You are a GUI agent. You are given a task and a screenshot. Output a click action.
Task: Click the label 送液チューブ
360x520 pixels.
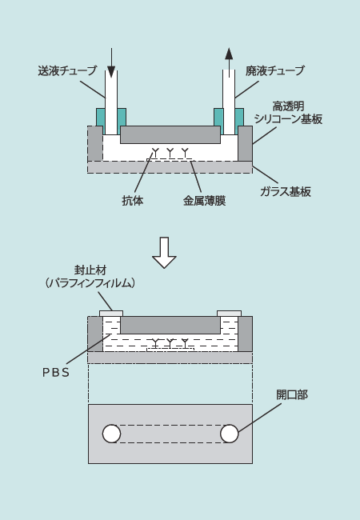point(67,70)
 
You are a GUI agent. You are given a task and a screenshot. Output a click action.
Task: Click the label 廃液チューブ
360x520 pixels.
point(275,70)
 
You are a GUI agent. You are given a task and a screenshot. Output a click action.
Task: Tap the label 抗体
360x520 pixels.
point(133,201)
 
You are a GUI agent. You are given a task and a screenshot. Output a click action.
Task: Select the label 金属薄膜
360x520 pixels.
point(205,201)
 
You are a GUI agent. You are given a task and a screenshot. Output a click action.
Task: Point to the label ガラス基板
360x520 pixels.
point(286,191)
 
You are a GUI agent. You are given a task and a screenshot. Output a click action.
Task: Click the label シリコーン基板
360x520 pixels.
point(288,118)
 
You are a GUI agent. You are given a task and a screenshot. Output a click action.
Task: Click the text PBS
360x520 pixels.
point(56,373)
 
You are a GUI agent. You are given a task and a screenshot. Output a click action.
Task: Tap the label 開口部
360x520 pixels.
point(292,394)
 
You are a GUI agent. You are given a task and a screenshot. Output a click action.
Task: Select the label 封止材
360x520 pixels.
point(90,270)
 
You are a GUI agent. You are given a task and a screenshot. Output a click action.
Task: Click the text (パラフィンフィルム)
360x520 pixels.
point(90,283)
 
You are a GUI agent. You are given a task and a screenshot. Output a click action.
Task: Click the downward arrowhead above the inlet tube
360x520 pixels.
point(111,72)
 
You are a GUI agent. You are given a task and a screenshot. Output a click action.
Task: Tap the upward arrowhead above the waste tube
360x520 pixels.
point(229,54)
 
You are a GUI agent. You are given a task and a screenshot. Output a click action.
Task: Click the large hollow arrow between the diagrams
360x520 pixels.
point(164,252)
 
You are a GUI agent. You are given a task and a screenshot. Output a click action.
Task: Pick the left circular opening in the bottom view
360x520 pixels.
point(111,434)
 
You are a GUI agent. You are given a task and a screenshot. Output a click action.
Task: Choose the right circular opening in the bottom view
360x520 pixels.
point(230,434)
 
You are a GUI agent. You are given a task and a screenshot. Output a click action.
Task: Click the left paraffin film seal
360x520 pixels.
point(111,314)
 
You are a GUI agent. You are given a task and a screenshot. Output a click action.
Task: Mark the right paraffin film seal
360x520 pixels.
point(229,314)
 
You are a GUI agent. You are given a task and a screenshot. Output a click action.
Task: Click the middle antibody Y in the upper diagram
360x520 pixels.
point(170,153)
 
